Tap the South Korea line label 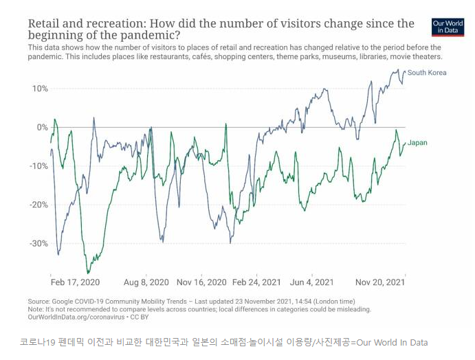pyautogui.click(x=426, y=72)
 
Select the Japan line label pyautogui.click(x=417, y=143)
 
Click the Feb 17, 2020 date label pyautogui.click(x=75, y=282)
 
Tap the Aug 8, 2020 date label pyautogui.click(x=146, y=282)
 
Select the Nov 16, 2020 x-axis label pyautogui.click(x=201, y=282)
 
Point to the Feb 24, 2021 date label pyautogui.click(x=256, y=282)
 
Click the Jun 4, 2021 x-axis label pyautogui.click(x=313, y=282)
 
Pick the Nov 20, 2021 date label pyautogui.click(x=380, y=282)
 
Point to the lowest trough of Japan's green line pyautogui.click(x=87, y=273)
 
